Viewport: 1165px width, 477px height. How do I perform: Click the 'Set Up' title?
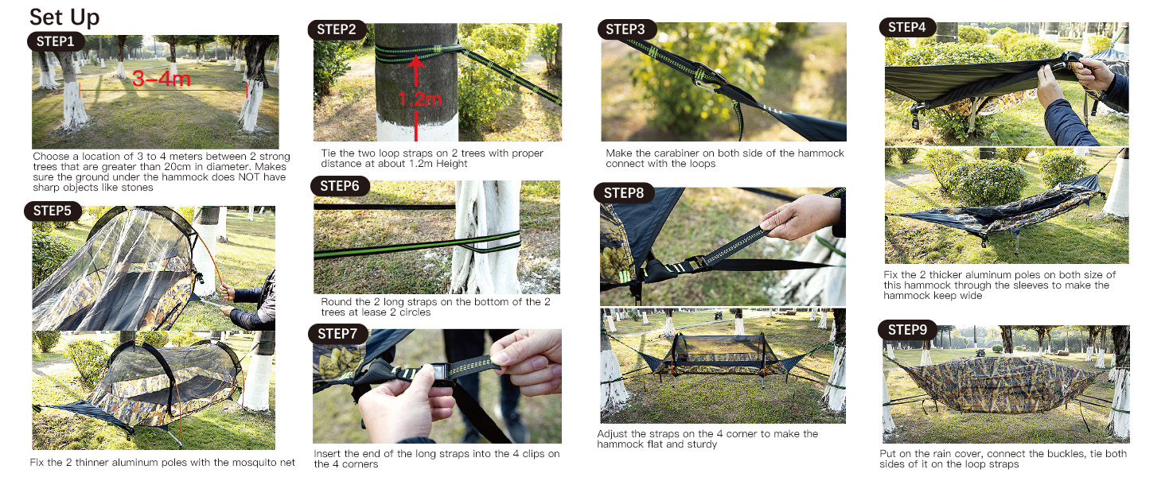(x=64, y=17)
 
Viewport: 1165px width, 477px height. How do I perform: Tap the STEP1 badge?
(x=55, y=41)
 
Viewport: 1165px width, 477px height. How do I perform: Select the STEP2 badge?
(x=337, y=29)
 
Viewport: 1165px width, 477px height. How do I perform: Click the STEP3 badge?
(x=625, y=29)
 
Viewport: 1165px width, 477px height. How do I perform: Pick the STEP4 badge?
(x=907, y=27)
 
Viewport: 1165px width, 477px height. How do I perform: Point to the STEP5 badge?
(x=52, y=211)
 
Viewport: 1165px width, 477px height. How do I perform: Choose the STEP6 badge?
(x=340, y=186)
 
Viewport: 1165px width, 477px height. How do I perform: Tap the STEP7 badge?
(x=337, y=334)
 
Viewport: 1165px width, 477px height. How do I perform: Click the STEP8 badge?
(x=624, y=193)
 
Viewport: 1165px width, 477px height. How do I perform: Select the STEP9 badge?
(x=907, y=330)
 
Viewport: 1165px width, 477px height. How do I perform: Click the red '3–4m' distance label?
(x=162, y=79)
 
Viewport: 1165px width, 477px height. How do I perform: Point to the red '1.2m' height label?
(x=419, y=99)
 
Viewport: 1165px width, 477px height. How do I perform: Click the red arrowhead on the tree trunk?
(x=416, y=62)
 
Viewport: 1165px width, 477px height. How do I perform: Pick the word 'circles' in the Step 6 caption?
(x=415, y=312)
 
